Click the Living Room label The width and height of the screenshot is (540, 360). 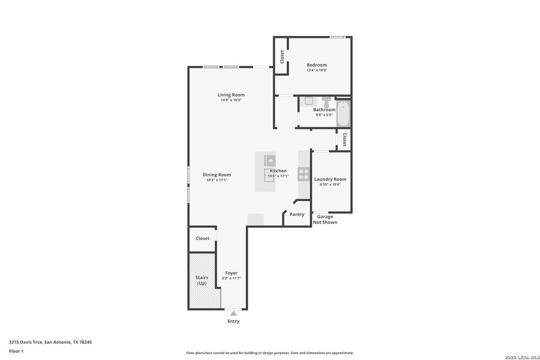point(231,95)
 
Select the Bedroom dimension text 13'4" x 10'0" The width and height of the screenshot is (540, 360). point(317,70)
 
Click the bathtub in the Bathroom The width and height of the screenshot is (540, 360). point(343,114)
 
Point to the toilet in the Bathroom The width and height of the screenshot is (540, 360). point(326,103)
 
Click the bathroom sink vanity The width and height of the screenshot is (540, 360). point(307,101)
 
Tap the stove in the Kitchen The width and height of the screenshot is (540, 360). point(304,175)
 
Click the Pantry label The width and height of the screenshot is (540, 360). point(296,214)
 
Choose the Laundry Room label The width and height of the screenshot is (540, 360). point(330,179)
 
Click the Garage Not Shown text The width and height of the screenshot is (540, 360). point(325,220)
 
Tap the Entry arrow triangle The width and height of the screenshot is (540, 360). point(233,313)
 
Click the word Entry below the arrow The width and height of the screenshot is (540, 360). point(233,321)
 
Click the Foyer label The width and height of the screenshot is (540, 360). point(231,273)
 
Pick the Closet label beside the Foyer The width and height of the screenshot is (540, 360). point(203,238)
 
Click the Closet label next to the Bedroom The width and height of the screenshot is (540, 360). point(282,56)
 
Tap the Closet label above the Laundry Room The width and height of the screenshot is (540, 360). point(344,140)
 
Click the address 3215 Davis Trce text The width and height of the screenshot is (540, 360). point(50,342)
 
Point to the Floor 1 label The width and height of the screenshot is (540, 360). point(16,351)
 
